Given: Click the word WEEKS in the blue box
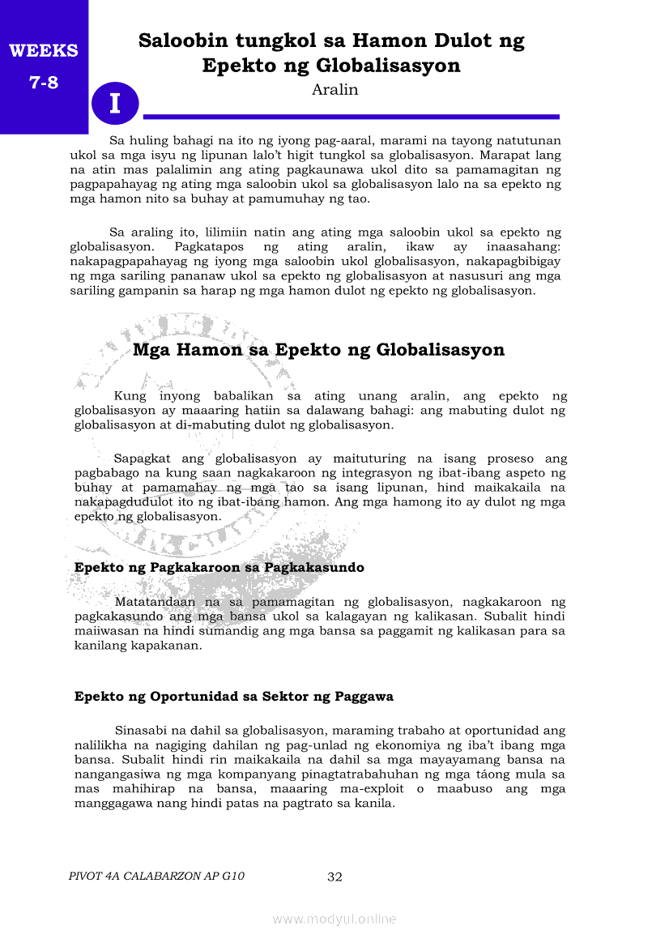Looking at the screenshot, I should click(44, 51).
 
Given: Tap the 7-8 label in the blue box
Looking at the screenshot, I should click(44, 82).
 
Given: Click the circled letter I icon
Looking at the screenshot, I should click(115, 104).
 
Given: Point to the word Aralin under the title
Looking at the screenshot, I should click(334, 90).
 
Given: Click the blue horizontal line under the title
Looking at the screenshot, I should click(351, 117).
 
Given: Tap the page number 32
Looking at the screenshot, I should click(334, 877).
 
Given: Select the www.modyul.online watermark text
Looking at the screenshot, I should click(334, 919).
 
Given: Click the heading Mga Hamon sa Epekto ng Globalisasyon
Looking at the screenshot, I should click(318, 350).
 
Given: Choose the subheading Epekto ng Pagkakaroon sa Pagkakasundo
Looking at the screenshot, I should click(219, 567).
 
